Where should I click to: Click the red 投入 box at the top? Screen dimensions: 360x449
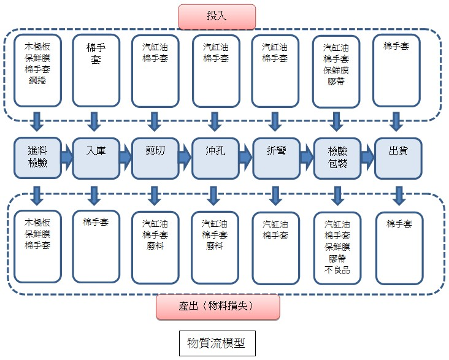217,16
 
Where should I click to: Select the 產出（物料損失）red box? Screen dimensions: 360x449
218,305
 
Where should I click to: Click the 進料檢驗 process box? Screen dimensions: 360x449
37,157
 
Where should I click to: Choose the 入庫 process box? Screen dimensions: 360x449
95,157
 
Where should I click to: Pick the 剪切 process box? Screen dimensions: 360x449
155,157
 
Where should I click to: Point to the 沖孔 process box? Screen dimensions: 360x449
215,157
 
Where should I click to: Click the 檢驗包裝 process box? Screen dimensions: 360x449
337,157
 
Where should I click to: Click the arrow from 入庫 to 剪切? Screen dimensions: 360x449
125,158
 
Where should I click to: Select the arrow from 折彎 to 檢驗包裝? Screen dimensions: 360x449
307,158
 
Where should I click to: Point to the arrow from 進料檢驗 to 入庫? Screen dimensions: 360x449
66,158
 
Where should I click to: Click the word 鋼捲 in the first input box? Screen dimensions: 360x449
37,80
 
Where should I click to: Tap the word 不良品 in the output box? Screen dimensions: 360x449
337,270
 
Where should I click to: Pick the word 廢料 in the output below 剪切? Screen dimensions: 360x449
155,246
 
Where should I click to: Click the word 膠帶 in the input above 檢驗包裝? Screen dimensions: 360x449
336,80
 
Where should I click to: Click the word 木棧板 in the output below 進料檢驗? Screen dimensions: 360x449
37,223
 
